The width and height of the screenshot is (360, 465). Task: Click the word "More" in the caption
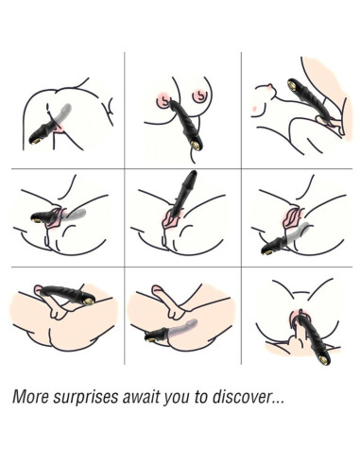point(30,396)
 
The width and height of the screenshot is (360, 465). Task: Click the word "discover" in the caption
point(242,396)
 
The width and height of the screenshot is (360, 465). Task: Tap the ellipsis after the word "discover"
point(278,402)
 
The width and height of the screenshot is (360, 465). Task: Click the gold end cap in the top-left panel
point(33,141)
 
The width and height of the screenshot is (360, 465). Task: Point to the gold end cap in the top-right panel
point(292,85)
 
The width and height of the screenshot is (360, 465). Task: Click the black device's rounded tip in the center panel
point(192,174)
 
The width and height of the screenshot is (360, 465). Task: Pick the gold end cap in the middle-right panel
point(267,251)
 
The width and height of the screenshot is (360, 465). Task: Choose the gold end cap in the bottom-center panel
point(150,338)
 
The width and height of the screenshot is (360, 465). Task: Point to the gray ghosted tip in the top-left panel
point(67,108)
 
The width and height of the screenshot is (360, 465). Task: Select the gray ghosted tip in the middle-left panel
point(81,213)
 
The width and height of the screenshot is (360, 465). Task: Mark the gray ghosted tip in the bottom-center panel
point(193,323)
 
